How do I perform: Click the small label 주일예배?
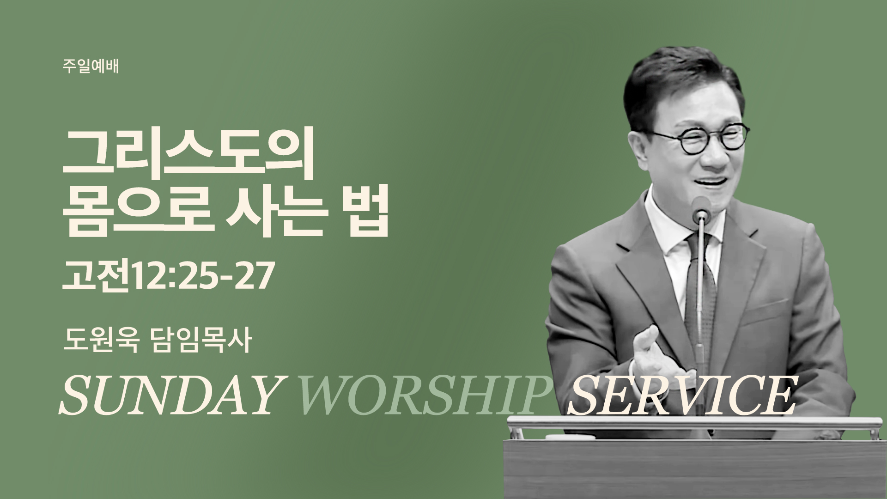pyautogui.click(x=91, y=67)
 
